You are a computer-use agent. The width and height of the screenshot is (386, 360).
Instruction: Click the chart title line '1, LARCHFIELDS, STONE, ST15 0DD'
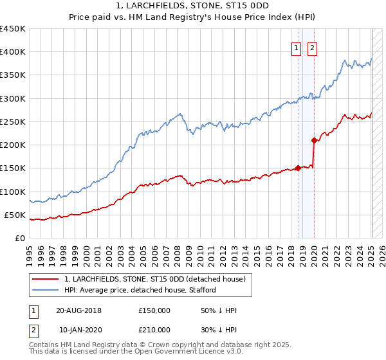tap(193, 6)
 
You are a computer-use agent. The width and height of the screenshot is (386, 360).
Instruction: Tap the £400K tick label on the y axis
tap(13, 52)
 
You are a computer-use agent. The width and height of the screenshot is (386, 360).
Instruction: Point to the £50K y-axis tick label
tap(15, 215)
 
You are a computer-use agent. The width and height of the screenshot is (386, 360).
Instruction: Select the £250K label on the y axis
tap(13, 122)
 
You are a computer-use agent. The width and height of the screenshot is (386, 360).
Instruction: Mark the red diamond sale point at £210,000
tap(314, 140)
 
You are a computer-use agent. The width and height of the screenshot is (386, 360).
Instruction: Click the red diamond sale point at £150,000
tap(298, 168)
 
